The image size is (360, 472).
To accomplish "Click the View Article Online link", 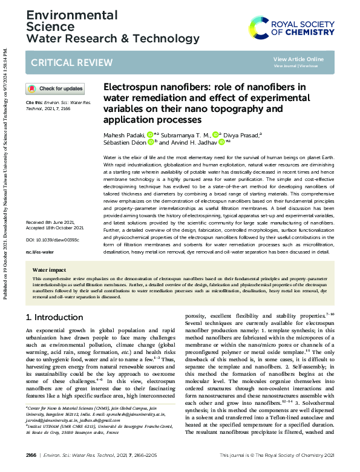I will click(298, 59).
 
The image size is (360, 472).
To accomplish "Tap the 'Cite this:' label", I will click(34, 103).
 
